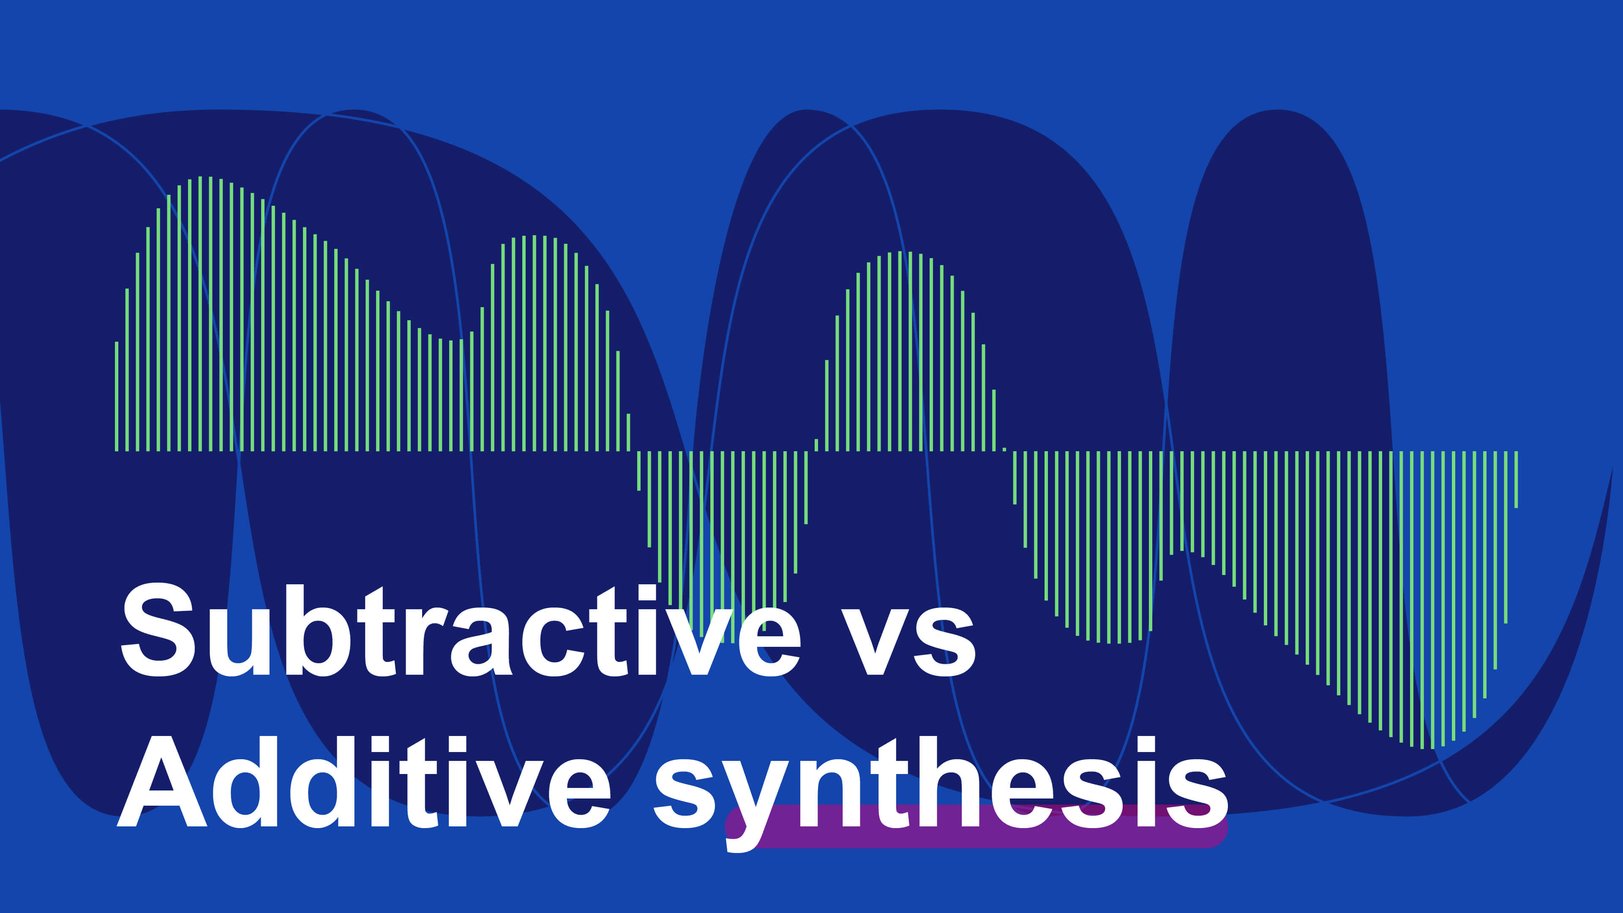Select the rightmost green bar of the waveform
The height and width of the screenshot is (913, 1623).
tap(1516, 479)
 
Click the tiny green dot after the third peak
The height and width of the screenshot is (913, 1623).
tap(1004, 449)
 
